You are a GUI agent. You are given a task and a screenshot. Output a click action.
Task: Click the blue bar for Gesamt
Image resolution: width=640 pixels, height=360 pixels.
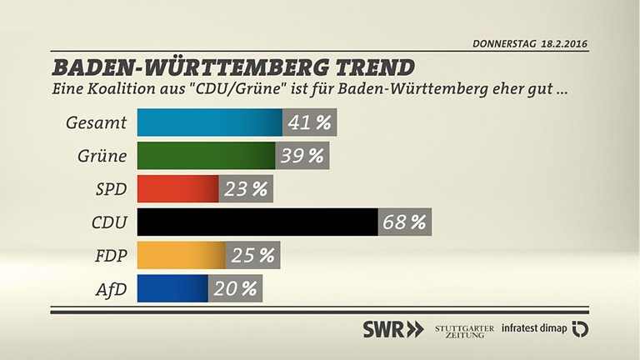coord(209,122)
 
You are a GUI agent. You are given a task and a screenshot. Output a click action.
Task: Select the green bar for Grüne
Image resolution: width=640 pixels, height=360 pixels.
coord(205,156)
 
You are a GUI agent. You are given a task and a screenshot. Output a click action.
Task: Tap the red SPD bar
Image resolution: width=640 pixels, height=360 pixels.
coord(177,189)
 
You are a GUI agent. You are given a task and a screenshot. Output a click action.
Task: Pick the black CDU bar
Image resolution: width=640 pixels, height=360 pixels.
coord(257,222)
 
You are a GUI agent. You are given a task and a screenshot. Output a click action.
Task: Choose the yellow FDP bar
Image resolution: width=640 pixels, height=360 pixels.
coord(180,255)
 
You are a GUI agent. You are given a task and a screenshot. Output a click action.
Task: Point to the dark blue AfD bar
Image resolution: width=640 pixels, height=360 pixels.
coord(172,288)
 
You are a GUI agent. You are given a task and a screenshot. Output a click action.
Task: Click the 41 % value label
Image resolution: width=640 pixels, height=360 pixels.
coord(309,122)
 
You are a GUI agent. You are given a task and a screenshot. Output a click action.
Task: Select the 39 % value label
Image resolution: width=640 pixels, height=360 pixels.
coord(302,156)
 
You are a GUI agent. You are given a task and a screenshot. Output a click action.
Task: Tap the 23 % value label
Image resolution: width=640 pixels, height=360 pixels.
coord(247,189)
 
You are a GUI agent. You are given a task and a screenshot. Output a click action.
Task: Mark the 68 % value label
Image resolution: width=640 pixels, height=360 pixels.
coord(404,222)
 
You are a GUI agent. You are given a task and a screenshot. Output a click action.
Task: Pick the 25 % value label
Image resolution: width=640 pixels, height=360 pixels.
coord(253,255)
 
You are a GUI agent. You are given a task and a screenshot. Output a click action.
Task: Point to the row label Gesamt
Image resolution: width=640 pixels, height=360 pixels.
coord(96,123)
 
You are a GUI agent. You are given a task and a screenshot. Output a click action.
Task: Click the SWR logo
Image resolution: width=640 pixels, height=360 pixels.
coord(392,328)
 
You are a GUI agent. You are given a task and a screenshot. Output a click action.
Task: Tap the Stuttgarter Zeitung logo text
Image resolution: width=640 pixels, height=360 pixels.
coord(464,328)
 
